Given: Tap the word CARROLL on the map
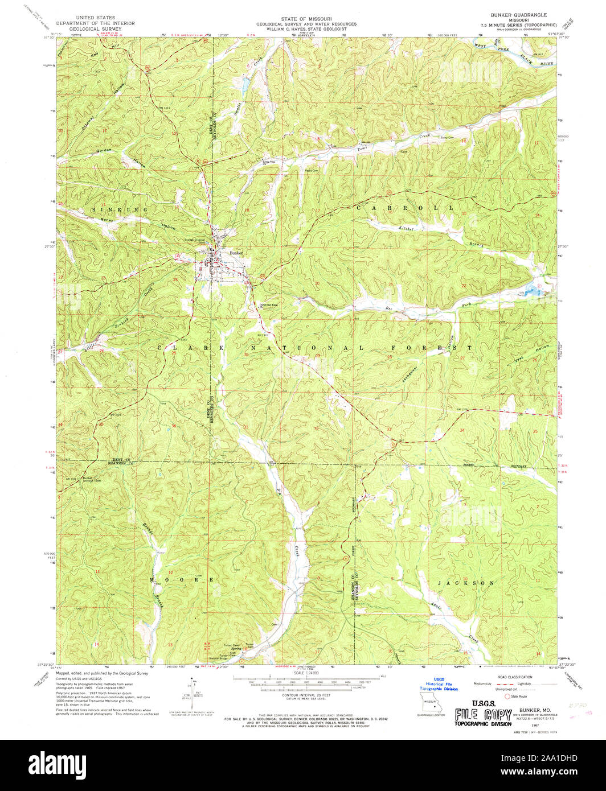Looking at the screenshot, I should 405,208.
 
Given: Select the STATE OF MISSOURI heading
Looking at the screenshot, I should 306,19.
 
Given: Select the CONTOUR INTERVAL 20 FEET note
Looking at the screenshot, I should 306,695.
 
